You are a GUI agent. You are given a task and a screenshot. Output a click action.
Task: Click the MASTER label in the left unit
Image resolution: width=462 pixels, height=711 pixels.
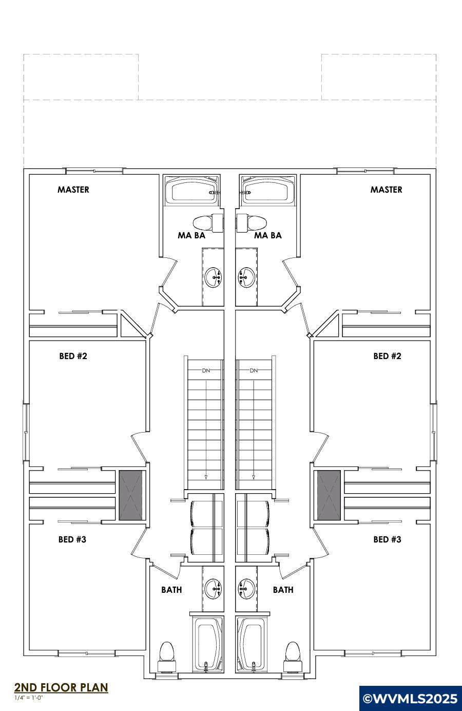coord(73,190)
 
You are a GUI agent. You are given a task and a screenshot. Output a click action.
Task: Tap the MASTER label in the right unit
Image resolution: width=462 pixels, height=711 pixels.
coord(386,190)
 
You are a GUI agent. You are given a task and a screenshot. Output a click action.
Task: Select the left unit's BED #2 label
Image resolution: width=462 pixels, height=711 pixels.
coord(73,356)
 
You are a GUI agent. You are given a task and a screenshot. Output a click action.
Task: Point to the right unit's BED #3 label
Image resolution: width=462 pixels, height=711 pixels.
coord(387,539)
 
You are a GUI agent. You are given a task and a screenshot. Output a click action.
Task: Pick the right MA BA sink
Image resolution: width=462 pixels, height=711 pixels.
coord(246,277)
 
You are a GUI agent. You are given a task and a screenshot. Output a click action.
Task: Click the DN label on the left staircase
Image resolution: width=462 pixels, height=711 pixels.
coord(206,370)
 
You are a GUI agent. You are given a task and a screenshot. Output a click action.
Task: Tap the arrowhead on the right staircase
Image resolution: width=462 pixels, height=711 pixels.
coord(254,477)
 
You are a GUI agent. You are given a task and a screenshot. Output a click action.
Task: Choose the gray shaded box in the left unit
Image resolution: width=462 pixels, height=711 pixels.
coord(130,495)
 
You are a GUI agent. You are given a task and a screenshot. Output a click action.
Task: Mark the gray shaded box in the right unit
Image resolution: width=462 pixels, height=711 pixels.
coord(329,495)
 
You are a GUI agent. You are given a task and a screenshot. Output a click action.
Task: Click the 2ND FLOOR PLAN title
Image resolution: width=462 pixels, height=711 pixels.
coord(61,687)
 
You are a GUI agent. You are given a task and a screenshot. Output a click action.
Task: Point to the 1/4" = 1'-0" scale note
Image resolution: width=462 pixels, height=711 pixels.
coord(29,698)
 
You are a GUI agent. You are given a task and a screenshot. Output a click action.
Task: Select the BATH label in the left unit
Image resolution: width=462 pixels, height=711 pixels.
coord(171,589)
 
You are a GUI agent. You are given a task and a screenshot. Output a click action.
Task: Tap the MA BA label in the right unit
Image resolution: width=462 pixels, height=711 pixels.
coord(268,235)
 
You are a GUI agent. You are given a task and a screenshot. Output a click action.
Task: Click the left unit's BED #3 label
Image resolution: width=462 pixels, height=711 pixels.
coord(72,539)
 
